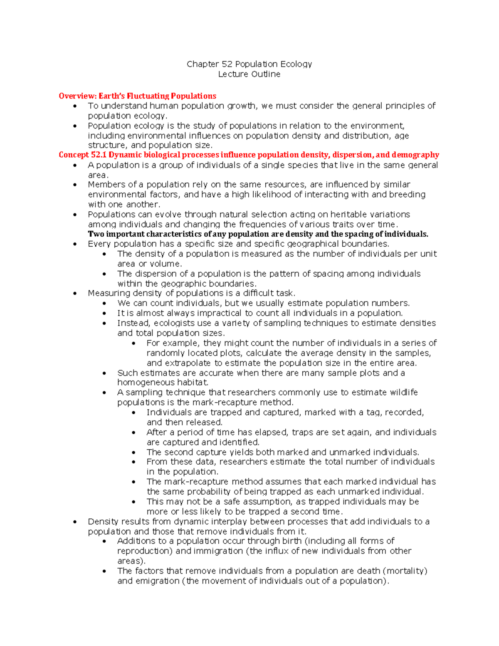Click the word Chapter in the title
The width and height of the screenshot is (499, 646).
point(203,64)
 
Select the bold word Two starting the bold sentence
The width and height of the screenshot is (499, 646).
point(96,234)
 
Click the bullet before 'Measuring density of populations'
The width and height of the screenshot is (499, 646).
point(75,293)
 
